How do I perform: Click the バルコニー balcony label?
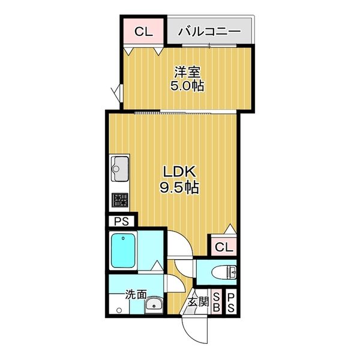click(209, 31)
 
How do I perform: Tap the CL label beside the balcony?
click(143, 31)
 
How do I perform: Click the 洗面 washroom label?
click(136, 295)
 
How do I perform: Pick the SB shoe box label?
click(217, 302)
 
